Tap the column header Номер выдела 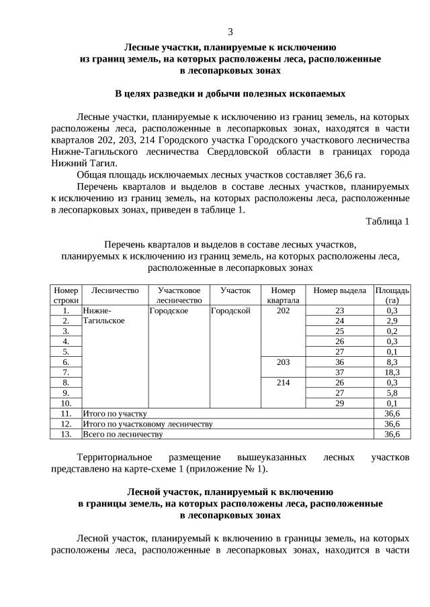(x=339, y=290)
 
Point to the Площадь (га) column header (x=392, y=295)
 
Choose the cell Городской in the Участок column (x=230, y=311)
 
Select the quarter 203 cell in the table (x=283, y=362)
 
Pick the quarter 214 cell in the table (x=283, y=382)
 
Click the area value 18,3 (x=392, y=372)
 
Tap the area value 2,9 (x=392, y=321)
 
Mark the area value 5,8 (x=392, y=393)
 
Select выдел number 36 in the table (x=339, y=362)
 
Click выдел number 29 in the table (x=339, y=403)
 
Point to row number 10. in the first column (x=66, y=403)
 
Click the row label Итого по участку (x=114, y=414)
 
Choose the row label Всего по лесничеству (x=122, y=434)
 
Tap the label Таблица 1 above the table (x=387, y=221)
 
